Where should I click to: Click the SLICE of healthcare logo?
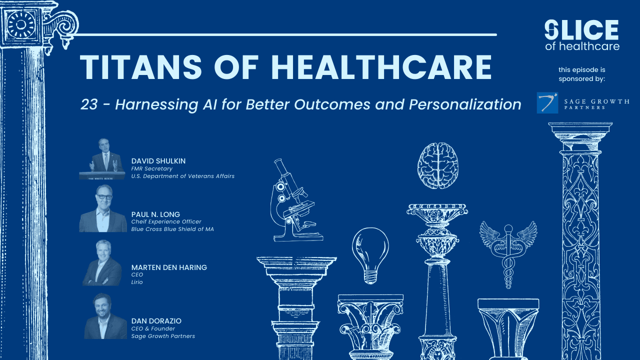(582, 35)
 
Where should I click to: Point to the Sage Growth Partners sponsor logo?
(582, 102)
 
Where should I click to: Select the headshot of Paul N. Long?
(103, 208)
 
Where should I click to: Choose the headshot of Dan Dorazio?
(105, 316)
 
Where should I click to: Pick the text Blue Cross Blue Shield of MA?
(172, 229)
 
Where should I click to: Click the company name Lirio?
(137, 282)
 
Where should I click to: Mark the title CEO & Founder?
(153, 328)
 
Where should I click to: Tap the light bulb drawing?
(370, 254)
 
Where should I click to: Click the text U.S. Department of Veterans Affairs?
(182, 176)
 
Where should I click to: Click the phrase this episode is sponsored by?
(582, 74)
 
